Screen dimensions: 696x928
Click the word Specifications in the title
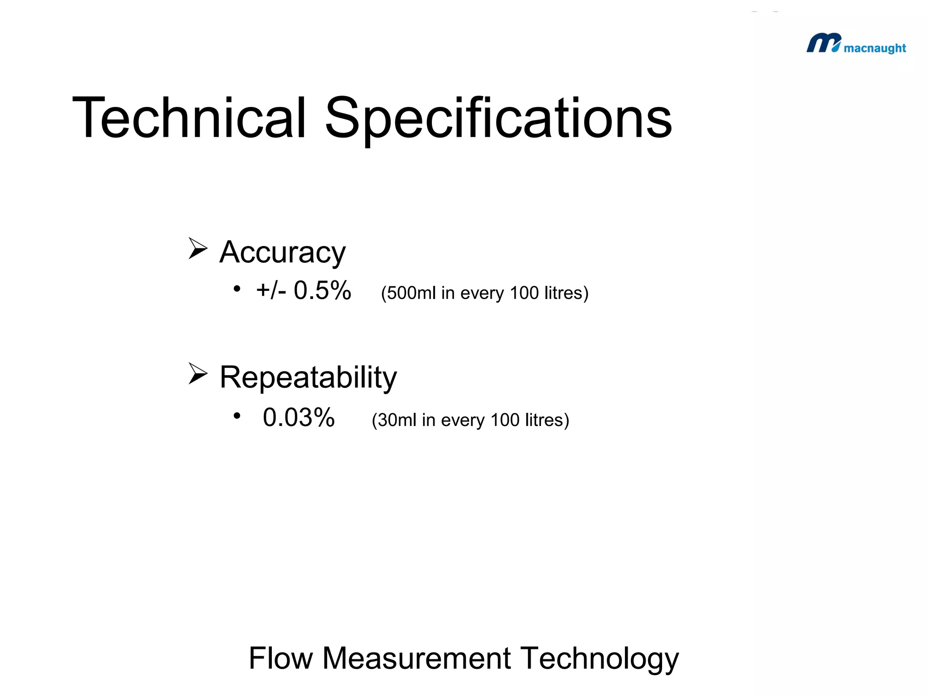click(498, 119)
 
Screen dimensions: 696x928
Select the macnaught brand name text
click(875, 48)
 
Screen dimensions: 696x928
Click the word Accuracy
click(282, 252)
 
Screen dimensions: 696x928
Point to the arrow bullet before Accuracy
click(198, 248)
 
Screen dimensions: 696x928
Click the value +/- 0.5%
click(304, 290)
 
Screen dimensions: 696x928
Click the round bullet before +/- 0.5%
click(237, 289)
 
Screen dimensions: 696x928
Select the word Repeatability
click(308, 377)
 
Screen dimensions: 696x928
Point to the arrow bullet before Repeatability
click(198, 373)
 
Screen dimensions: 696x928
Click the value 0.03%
click(299, 417)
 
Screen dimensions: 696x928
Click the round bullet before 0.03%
click(237, 416)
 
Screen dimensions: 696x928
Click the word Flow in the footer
click(281, 658)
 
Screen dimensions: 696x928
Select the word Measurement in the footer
click(416, 658)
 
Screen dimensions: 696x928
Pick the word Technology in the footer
click(599, 659)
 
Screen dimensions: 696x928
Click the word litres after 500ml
click(566, 293)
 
